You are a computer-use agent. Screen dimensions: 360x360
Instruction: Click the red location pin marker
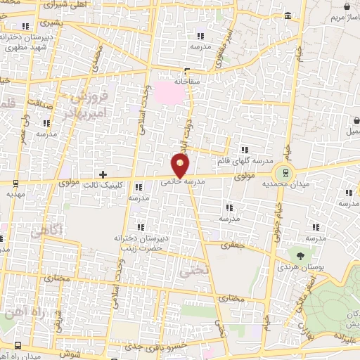click(x=181, y=166)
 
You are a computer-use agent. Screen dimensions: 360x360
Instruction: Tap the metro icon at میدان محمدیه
click(x=285, y=172)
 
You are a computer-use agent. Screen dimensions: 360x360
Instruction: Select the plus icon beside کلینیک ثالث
click(x=103, y=174)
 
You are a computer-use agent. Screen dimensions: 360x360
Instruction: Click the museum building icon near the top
click(x=288, y=15)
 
